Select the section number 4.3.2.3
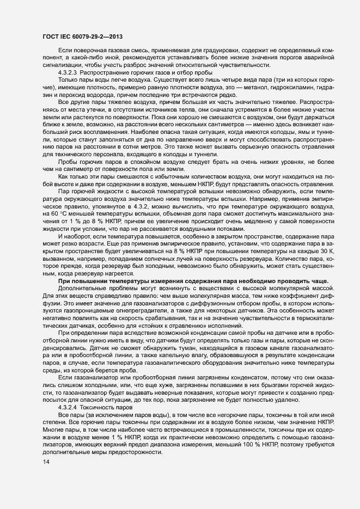point(70,73)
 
